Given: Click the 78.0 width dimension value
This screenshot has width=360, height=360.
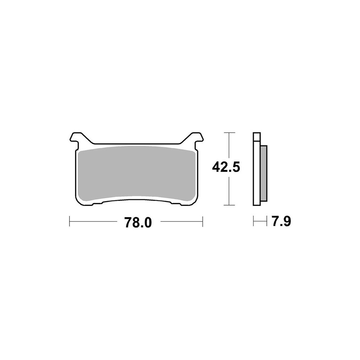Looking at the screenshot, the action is [138, 222].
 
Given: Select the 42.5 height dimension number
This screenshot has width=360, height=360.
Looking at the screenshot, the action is [226, 167].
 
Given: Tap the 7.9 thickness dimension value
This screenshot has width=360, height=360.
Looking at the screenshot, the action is [281, 221].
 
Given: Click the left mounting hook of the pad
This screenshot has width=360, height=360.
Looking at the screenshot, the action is [76, 139].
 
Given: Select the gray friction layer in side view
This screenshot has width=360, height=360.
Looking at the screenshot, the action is [264, 173].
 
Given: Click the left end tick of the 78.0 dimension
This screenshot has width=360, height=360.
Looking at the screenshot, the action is [69, 221].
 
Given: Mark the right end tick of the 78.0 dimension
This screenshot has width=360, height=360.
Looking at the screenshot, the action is [202, 221].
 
